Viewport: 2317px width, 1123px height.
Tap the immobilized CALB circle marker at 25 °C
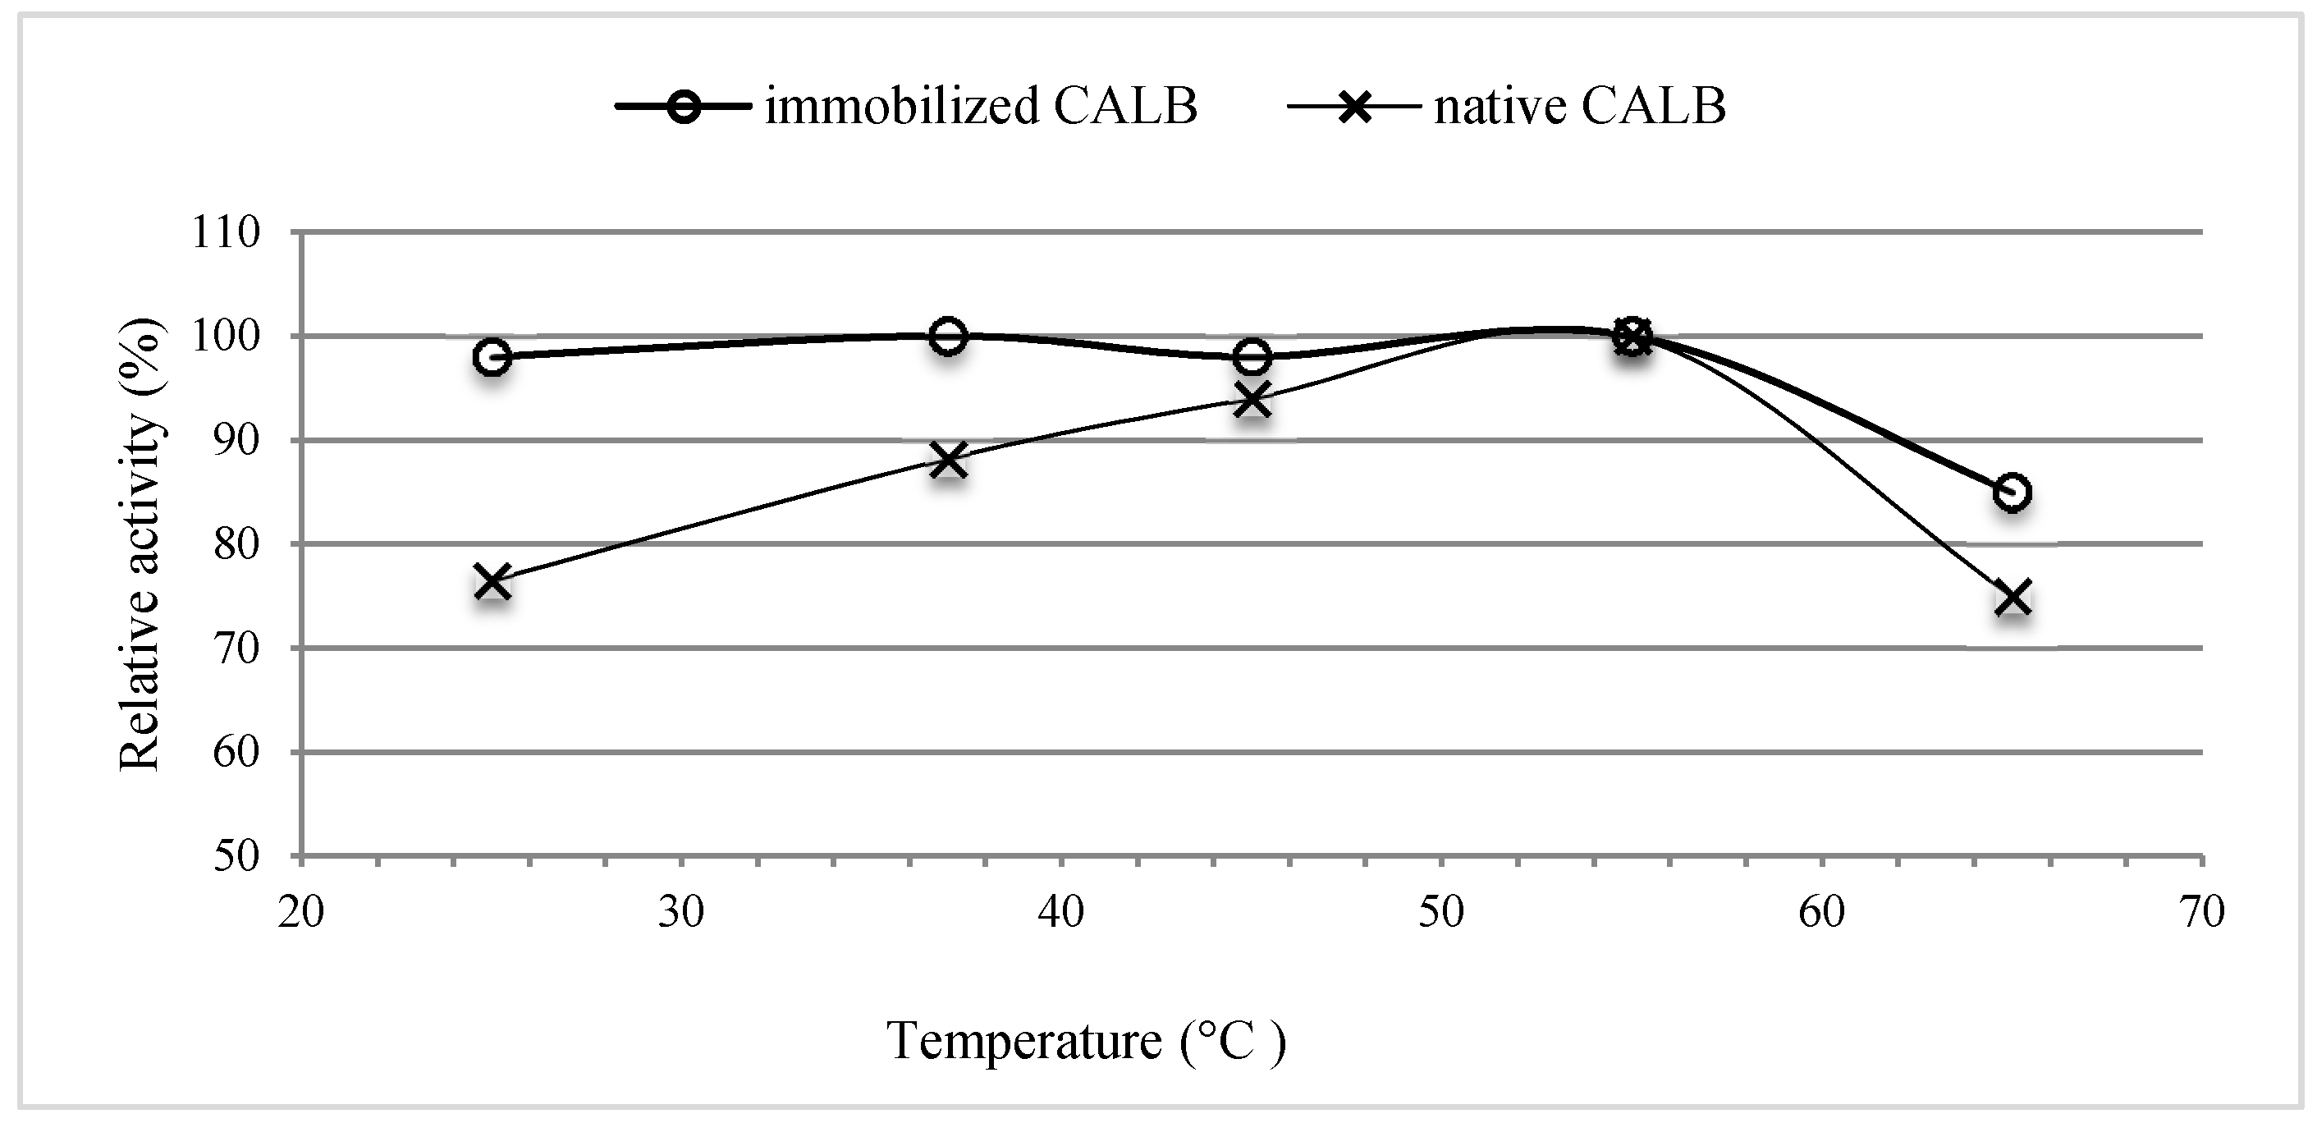492,357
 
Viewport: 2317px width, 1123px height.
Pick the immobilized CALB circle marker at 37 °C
948,337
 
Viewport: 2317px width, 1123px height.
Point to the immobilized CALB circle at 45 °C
1252,357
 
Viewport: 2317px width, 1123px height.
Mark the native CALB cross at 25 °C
492,580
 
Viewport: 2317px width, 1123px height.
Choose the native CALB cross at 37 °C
948,460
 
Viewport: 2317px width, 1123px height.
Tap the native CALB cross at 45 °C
1252,399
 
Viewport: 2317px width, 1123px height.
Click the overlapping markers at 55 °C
1632,337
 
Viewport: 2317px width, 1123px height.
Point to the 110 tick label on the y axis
225,233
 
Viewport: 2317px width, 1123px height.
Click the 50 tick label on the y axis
236,855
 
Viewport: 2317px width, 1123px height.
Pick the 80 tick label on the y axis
236,544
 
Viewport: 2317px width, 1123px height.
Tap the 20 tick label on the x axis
300,911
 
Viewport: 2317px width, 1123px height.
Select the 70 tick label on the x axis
2202,911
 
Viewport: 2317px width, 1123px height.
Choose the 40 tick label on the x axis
1061,911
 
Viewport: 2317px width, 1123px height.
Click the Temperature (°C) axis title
1087,1041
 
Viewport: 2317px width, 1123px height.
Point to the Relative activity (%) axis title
140,544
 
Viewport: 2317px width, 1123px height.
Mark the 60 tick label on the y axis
236,752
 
